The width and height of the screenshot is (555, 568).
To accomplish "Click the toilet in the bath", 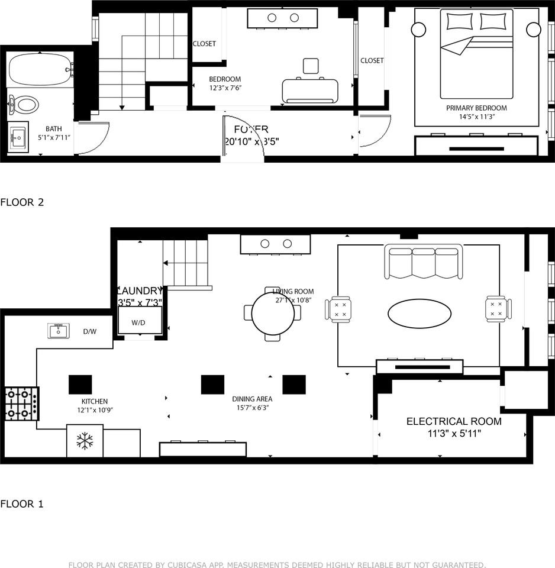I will (x=24, y=105).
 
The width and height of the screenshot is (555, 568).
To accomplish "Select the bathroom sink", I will (x=19, y=139).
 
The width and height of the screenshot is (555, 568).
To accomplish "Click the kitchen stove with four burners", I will (x=21, y=404).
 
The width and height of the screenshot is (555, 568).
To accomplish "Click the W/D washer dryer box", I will (x=138, y=321).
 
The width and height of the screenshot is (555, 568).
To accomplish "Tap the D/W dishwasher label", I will (x=90, y=331).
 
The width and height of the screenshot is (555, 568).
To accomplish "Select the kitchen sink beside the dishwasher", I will (x=59, y=331).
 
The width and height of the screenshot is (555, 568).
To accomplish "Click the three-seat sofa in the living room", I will (x=424, y=261).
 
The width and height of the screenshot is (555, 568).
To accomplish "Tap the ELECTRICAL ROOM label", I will (x=453, y=421).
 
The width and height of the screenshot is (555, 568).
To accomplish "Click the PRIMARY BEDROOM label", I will (x=476, y=108).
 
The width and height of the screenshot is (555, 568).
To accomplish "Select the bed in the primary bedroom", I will (x=476, y=59).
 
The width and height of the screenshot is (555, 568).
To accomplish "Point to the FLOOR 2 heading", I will (x=22, y=202).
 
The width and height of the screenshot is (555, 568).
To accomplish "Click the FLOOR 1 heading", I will (x=22, y=504).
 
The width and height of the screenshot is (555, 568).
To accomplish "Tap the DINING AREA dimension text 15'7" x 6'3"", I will (x=252, y=408).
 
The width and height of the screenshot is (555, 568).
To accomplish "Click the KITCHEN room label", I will (x=95, y=401).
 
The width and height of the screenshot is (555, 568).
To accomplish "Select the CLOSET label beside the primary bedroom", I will (x=372, y=60).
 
